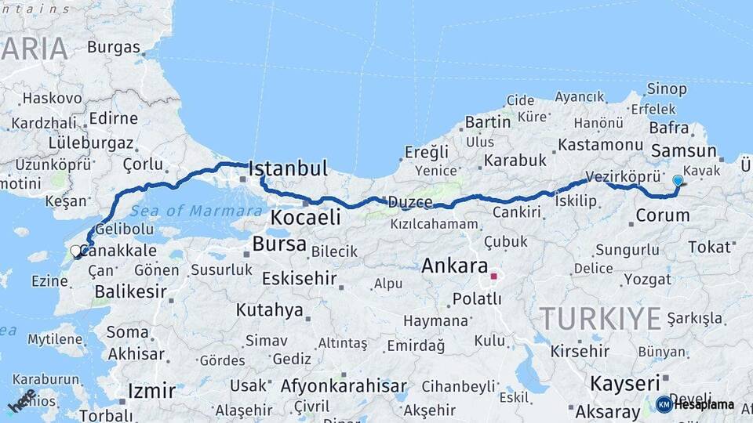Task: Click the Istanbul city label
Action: [x=288, y=168]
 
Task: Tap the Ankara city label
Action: [x=455, y=266]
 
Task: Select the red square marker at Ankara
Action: [x=493, y=276]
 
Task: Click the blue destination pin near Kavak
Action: [x=678, y=181]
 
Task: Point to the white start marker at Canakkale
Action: [x=76, y=251]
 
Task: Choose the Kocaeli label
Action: [x=306, y=217]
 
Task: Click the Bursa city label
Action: [x=279, y=244]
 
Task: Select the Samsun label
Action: [x=684, y=151]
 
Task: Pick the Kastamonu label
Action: [x=601, y=145]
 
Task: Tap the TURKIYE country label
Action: [x=601, y=319]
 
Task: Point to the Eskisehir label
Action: [x=299, y=278]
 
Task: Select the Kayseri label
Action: [x=624, y=384]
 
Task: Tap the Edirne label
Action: [x=114, y=118]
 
